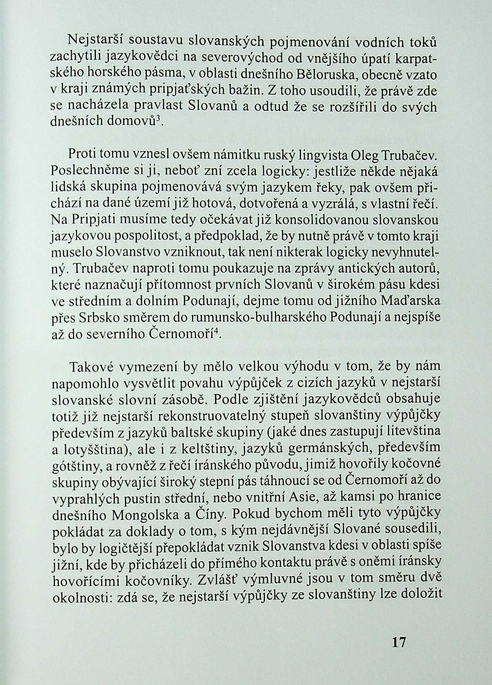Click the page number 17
pyautogui.click(x=398, y=642)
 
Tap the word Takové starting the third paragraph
pyautogui.click(x=91, y=367)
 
